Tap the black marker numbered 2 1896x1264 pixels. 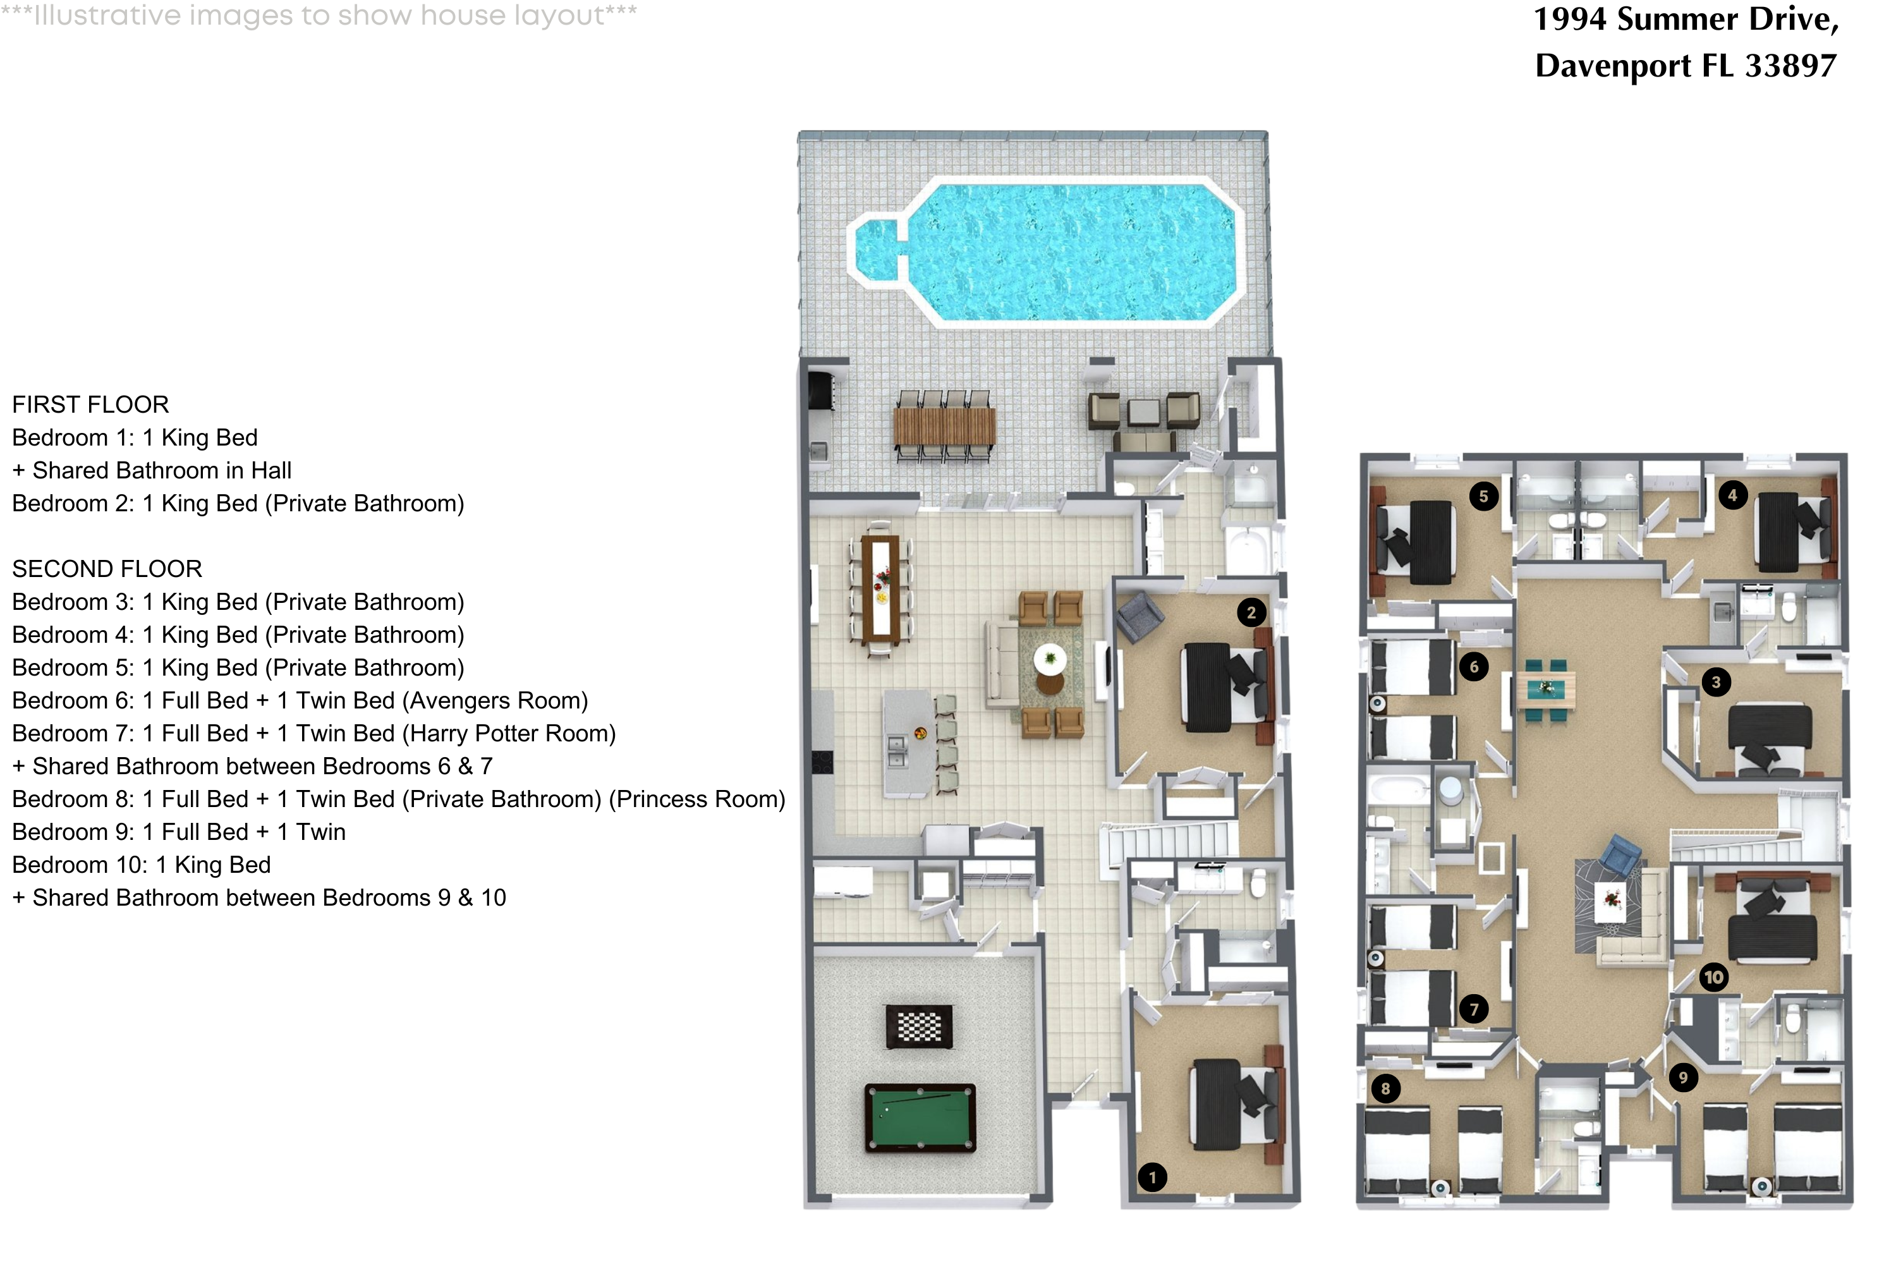coord(1251,612)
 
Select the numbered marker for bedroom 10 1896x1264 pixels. coord(1713,978)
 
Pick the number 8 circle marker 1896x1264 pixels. coord(1386,1089)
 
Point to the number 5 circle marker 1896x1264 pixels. coord(1483,497)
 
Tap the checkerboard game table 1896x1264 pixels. coord(919,1026)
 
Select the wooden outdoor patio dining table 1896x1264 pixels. coord(944,427)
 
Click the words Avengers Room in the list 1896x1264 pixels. coord(498,700)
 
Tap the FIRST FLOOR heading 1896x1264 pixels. coord(90,404)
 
